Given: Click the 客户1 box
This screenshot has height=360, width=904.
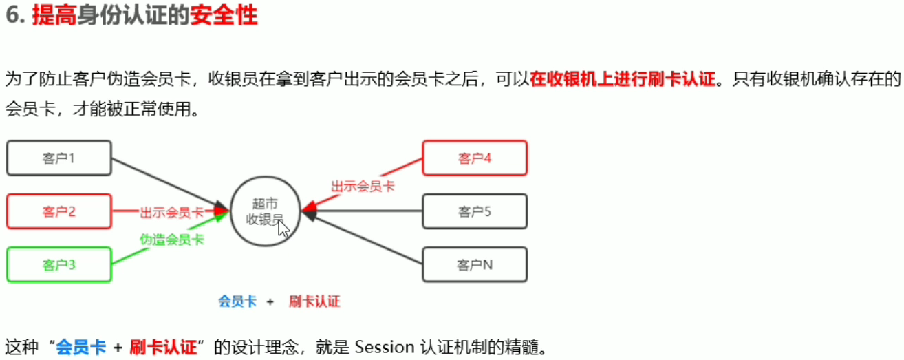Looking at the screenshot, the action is (58, 158).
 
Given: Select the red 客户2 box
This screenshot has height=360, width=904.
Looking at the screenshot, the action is (58, 212).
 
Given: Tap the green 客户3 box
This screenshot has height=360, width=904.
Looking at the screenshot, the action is (58, 265).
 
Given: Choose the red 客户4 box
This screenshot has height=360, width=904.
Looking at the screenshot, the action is (475, 158).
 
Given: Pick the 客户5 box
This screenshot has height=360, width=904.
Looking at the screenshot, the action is (475, 211).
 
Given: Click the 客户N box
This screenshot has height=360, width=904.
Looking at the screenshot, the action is (475, 265).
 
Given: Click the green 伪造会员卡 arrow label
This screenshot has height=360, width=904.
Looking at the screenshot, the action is (171, 240).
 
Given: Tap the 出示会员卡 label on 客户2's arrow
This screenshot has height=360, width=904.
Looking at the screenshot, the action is (172, 212).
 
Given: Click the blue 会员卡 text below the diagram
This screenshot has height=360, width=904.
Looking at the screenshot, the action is (237, 301).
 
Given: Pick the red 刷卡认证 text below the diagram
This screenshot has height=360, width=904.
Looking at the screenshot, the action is (314, 301).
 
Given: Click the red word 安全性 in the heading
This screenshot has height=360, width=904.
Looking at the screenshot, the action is (224, 16).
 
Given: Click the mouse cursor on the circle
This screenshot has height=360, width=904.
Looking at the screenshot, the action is (283, 228).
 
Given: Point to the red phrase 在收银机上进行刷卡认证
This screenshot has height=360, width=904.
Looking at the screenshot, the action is (622, 80).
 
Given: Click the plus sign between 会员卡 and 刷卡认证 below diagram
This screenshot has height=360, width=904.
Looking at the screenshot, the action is (270, 301).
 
